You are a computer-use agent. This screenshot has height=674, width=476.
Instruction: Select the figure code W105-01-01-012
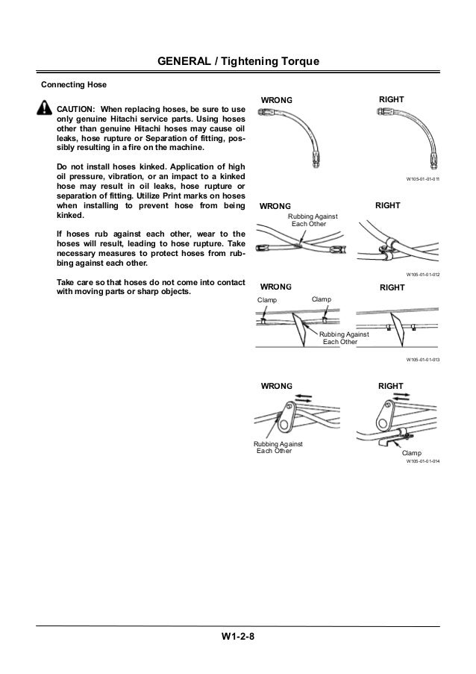point(422,275)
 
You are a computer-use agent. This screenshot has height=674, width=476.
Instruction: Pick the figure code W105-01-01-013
point(422,359)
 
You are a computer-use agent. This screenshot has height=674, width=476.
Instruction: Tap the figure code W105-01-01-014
point(422,462)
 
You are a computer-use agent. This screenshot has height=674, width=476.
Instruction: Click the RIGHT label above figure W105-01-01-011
point(392,99)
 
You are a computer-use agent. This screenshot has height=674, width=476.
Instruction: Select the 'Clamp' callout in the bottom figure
point(411,453)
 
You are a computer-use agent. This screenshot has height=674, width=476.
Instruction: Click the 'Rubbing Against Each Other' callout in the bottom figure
point(275,447)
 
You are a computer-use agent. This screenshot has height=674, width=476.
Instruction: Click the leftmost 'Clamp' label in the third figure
point(266,299)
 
